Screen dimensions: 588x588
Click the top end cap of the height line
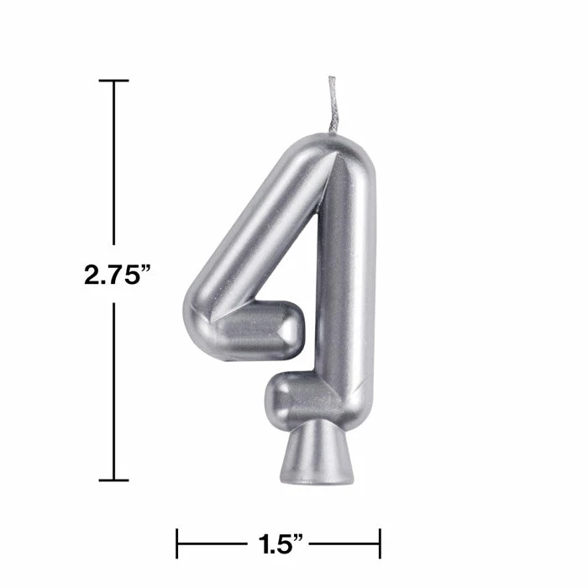114,81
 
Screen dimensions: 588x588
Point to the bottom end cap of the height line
114,480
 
